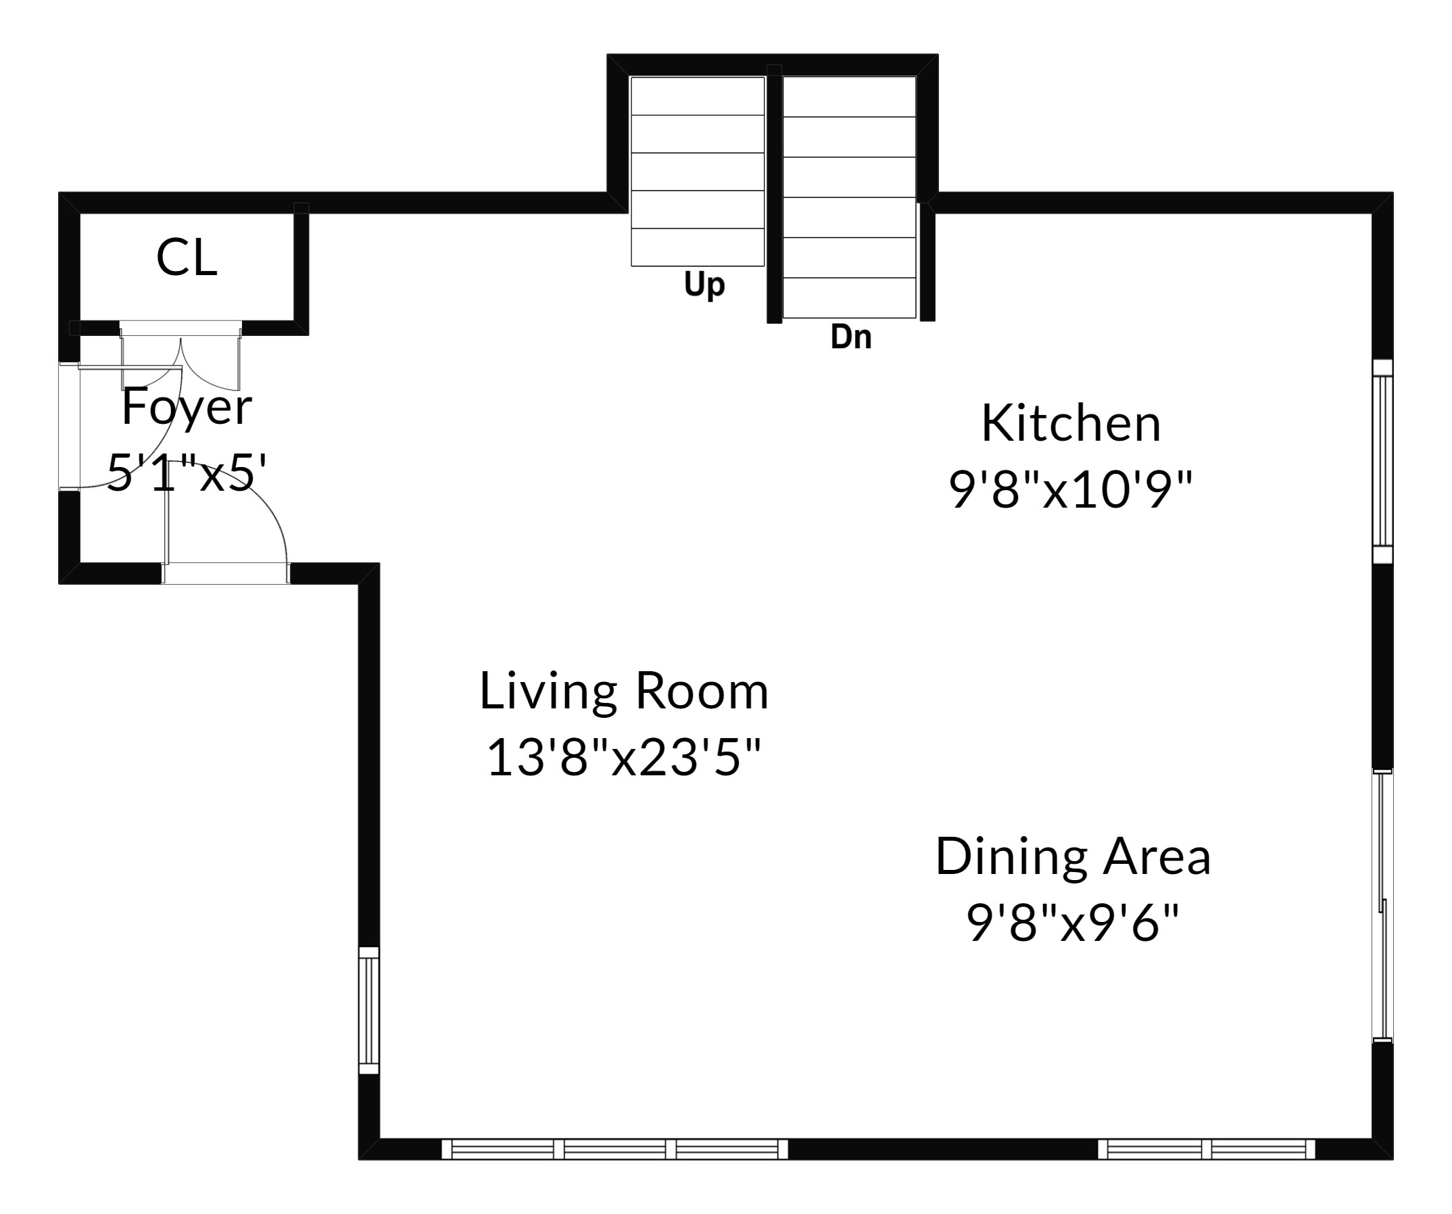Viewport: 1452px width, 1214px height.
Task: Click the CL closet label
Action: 187,258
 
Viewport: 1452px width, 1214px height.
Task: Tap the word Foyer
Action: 187,408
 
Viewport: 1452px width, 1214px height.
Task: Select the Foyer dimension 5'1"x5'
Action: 187,473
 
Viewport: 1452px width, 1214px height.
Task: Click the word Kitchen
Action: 1071,423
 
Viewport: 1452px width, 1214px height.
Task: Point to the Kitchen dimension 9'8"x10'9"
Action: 1071,489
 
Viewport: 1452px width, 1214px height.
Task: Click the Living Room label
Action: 624,691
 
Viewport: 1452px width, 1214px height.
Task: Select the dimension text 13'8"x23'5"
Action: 624,757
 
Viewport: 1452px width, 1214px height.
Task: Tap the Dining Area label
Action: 1073,856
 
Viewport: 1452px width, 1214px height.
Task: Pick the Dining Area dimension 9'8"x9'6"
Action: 1072,922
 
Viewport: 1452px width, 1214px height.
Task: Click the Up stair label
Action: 704,284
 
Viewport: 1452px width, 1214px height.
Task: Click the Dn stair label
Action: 850,337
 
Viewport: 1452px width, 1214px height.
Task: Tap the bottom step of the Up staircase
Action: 698,247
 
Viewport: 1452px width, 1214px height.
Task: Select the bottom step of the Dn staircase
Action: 849,298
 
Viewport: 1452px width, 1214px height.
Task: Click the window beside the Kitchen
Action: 1382,462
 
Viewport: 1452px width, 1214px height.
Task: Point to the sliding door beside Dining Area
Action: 1382,906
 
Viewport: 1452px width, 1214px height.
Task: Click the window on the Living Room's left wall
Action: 369,1010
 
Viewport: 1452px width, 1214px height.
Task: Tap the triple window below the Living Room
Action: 614,1149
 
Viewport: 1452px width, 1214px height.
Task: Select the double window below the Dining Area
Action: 1207,1149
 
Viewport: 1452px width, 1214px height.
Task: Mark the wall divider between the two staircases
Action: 775,193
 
